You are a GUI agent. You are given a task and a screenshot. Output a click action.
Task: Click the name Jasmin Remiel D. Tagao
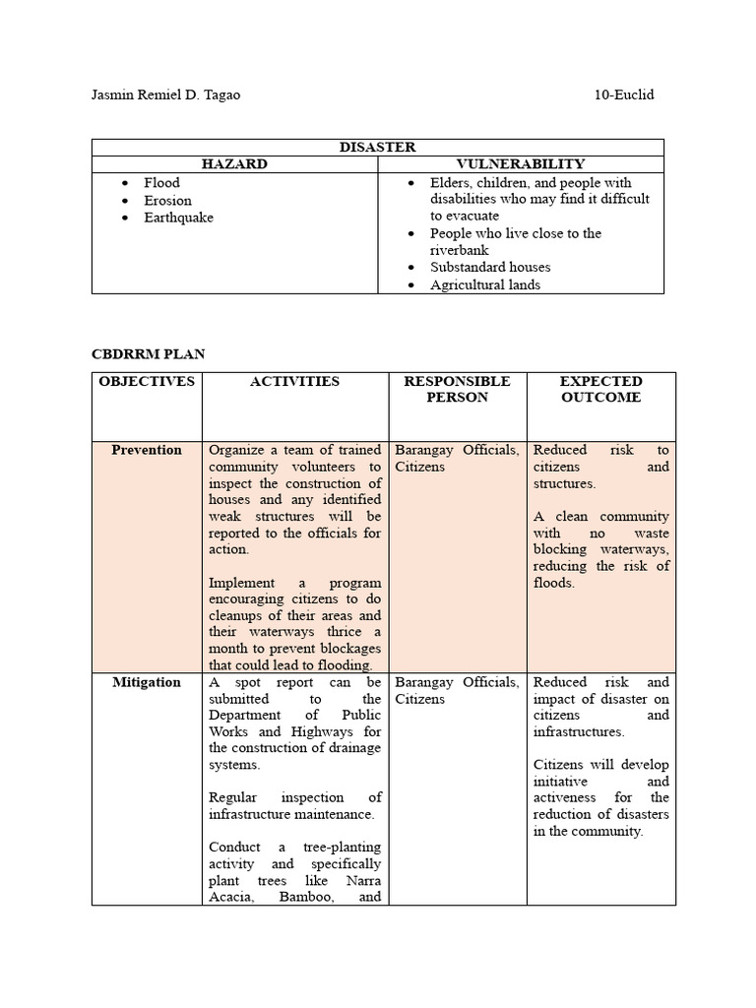click(x=165, y=95)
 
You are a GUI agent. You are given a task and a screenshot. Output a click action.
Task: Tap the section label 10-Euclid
click(x=624, y=95)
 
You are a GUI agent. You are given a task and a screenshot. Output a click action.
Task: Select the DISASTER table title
click(x=377, y=147)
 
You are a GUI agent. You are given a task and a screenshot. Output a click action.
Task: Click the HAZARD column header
click(x=234, y=164)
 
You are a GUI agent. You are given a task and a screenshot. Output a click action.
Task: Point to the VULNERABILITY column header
click(x=521, y=164)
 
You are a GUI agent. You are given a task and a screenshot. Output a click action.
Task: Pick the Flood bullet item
click(x=161, y=183)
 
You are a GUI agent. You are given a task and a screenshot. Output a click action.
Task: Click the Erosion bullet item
click(x=167, y=201)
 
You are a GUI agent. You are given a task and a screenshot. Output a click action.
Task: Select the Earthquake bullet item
click(x=178, y=218)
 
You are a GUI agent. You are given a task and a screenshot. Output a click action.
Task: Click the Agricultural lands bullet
click(x=484, y=285)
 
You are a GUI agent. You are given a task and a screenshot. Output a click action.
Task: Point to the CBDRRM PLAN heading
click(x=149, y=353)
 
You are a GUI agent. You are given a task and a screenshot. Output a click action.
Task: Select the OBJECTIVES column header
click(x=147, y=382)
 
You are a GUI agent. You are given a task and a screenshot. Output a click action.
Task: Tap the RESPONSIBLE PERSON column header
click(x=457, y=390)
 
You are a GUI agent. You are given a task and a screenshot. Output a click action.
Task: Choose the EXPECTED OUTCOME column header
click(x=600, y=390)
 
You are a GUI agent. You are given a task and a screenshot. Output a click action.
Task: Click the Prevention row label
click(x=147, y=451)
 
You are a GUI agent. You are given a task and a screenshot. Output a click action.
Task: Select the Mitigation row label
click(x=147, y=683)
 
